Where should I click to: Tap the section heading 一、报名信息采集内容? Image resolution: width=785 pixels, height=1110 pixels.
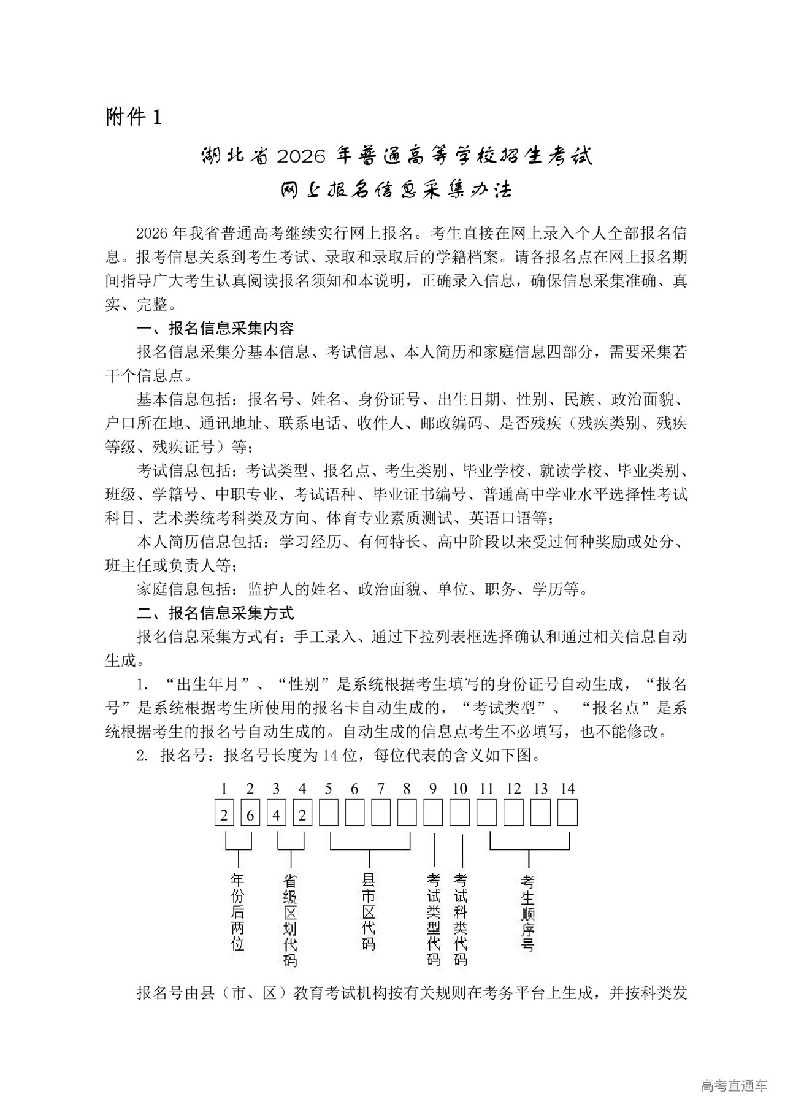tap(215, 329)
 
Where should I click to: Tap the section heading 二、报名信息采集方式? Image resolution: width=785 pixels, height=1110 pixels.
tap(215, 612)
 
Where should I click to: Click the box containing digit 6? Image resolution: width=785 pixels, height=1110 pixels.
tap(250, 815)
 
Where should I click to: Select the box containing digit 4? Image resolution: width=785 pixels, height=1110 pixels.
tap(277, 815)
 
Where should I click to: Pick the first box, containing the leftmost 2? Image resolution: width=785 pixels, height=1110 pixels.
tap(224, 815)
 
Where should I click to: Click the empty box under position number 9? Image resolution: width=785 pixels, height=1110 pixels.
tap(434, 815)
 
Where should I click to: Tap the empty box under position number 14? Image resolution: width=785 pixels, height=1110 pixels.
tap(568, 815)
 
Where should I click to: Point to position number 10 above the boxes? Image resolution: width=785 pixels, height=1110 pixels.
tap(459, 789)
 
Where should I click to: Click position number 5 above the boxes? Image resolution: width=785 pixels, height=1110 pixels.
tap(329, 789)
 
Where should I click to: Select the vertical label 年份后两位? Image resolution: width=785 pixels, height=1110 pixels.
tap(237, 910)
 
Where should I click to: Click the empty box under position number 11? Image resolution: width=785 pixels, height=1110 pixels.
tap(487, 815)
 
